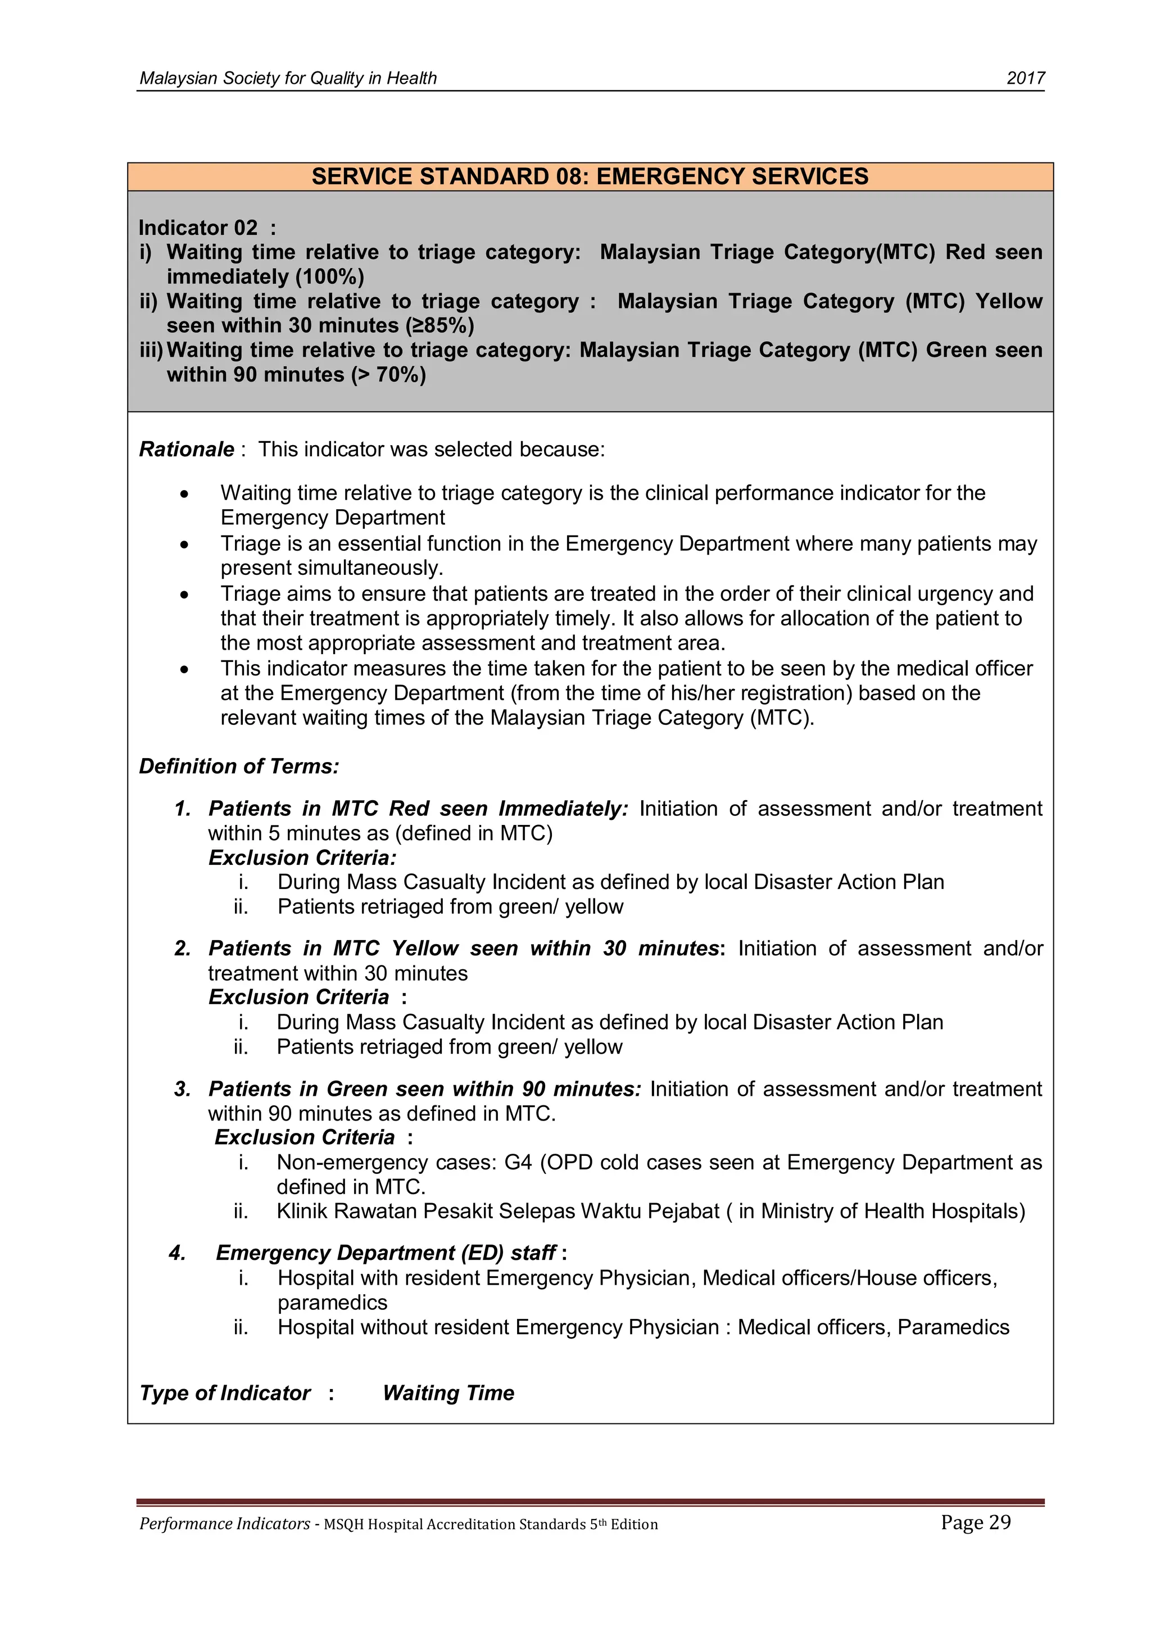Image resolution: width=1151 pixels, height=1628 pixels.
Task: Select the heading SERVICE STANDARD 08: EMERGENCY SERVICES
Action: click(590, 176)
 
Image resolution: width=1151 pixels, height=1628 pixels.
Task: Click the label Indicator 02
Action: click(198, 228)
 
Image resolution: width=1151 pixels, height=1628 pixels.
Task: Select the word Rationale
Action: click(187, 450)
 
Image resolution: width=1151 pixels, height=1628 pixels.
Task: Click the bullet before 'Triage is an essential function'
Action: click(184, 545)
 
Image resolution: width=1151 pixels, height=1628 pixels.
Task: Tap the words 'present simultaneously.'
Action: click(331, 568)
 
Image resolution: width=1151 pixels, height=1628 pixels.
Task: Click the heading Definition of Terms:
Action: click(239, 767)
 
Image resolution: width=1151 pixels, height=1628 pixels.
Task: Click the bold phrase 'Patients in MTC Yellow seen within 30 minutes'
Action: click(464, 948)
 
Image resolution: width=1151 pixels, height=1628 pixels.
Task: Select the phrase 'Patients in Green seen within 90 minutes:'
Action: click(424, 1089)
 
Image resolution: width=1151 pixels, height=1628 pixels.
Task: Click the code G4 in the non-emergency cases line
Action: click(518, 1162)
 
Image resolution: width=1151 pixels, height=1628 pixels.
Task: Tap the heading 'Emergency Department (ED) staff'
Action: click(386, 1253)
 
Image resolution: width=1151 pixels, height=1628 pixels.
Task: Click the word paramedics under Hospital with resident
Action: click(332, 1303)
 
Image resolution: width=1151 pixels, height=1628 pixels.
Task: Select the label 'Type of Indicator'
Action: click(225, 1393)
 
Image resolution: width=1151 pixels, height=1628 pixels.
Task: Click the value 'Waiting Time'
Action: click(448, 1393)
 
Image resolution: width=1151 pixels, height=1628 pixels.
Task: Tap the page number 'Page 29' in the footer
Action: click(975, 1522)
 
